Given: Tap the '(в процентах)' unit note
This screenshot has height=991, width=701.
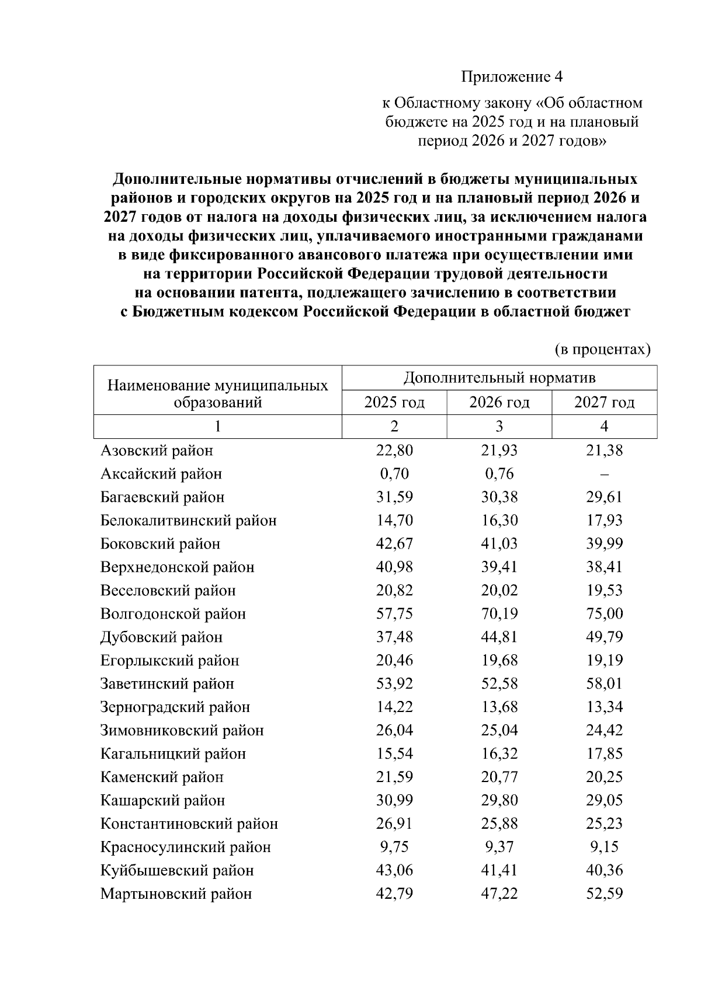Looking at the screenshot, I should pos(602,349).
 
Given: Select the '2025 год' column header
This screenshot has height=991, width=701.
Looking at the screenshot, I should pos(394,403).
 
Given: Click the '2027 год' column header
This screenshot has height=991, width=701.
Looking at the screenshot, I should pos(604,403).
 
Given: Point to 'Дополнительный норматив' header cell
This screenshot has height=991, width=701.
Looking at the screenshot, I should pos(499,378).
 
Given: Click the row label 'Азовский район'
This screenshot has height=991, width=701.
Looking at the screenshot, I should pos(157,451).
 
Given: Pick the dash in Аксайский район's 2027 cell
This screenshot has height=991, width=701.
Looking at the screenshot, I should pos(605,474).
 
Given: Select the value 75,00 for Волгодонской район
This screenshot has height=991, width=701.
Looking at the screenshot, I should pos(605,614).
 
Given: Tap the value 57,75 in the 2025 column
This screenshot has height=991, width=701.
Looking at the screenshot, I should pos(394,614).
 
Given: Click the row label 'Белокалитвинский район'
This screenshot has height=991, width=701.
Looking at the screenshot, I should pos(188,521).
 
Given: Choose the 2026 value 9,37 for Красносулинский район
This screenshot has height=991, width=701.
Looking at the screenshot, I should pos(499,847).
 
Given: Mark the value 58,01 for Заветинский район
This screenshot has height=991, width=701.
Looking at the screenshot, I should pos(605,684).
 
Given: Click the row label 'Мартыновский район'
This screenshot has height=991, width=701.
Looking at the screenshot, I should pos(176,894).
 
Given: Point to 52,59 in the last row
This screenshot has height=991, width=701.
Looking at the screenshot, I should pos(605,894).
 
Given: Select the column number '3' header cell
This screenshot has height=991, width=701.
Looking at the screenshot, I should pos(499,427).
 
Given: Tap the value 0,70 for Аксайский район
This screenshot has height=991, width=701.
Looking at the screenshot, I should pos(394,474).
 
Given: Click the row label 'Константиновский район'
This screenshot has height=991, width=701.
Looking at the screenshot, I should pos(189,824).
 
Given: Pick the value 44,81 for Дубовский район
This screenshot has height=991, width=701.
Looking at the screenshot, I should pos(499,637).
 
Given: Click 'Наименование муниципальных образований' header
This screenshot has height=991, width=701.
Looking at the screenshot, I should pos(217,394).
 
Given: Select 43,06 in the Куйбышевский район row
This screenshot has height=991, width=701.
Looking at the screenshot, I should pos(394,871).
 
